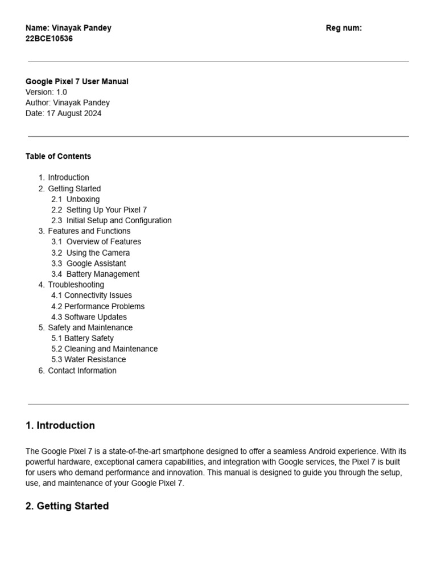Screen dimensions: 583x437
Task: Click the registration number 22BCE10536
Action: coord(49,39)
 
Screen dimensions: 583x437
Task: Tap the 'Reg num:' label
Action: coord(344,28)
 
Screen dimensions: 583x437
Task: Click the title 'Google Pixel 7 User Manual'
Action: coord(77,81)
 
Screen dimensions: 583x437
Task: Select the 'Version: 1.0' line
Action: coord(46,92)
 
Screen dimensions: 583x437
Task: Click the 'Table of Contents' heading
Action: coord(58,156)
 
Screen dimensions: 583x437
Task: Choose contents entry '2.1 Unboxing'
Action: coord(75,199)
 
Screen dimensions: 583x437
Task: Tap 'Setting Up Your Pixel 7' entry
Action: coord(106,210)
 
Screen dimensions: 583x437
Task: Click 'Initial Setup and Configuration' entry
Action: coord(119,220)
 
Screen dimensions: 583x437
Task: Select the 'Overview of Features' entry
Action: coord(104,241)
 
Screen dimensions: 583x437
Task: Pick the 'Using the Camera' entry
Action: coord(98,252)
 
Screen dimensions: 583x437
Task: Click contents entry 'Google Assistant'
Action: coord(96,263)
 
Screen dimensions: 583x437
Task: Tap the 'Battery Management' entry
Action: coord(102,274)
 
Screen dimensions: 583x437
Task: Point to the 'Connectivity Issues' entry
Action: coord(98,295)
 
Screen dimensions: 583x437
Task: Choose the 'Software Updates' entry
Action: coord(96,317)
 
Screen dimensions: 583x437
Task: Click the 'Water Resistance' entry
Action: coord(95,359)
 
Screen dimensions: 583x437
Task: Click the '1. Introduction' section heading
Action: coord(60,425)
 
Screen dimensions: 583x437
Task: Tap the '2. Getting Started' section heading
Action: coord(67,506)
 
